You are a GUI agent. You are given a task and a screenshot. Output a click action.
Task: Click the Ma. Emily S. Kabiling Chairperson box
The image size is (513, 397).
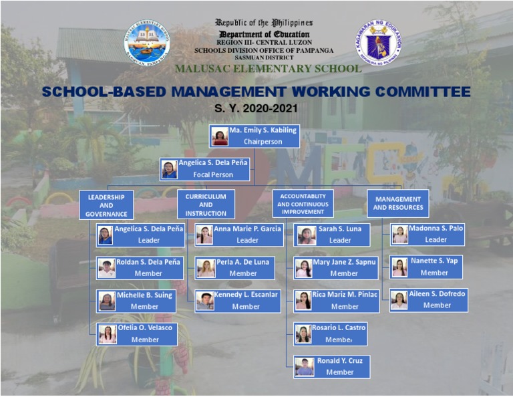(254, 136)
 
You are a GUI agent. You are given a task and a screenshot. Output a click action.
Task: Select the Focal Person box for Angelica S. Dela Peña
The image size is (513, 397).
(205, 169)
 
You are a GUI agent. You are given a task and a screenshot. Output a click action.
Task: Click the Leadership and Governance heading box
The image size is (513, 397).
(106, 205)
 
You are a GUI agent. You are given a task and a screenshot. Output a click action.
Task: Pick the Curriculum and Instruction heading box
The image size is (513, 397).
(206, 205)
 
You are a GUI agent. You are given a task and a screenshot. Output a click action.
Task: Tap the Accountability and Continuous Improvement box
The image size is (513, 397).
(303, 204)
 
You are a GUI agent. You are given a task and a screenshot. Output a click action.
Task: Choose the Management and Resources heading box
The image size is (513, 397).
(398, 203)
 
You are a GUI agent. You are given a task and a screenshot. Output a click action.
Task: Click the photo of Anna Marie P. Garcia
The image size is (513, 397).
(204, 235)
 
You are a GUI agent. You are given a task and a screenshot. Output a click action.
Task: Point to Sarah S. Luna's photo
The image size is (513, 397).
(306, 235)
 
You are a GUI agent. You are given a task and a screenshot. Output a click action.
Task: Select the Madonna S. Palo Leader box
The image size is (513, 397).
(427, 235)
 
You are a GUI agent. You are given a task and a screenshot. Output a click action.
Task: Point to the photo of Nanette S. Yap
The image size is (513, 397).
(399, 267)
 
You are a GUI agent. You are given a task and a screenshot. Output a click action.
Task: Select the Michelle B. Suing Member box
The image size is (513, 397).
(136, 301)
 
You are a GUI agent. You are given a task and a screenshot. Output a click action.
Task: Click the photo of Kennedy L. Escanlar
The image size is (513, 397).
(204, 301)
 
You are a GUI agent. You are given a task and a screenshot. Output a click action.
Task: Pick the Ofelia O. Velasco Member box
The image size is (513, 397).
(137, 334)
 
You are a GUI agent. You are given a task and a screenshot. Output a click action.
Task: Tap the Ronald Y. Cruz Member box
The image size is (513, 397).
(331, 367)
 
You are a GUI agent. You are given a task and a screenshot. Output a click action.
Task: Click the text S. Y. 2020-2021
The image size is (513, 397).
(256, 108)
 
